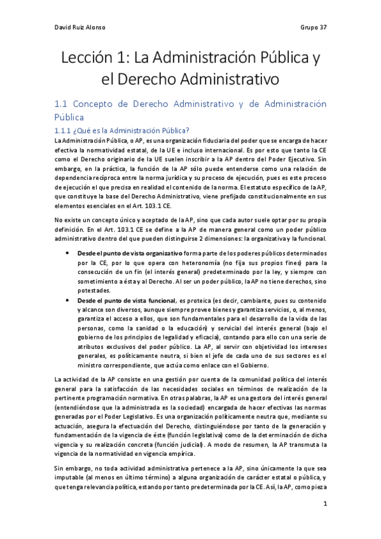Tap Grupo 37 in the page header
click(313, 28)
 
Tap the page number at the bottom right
click(324, 504)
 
